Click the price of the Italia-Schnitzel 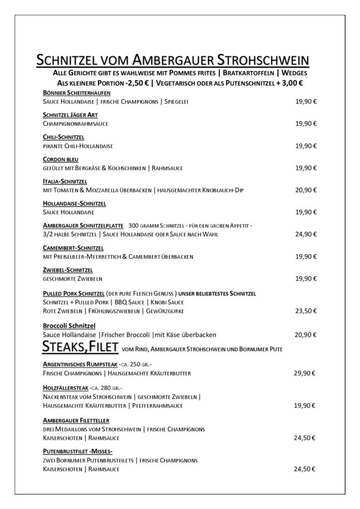306,190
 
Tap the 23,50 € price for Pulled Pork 306,311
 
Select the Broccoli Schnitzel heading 69,325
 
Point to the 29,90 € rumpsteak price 306,373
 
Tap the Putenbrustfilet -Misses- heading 78,451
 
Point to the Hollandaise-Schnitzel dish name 75,203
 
